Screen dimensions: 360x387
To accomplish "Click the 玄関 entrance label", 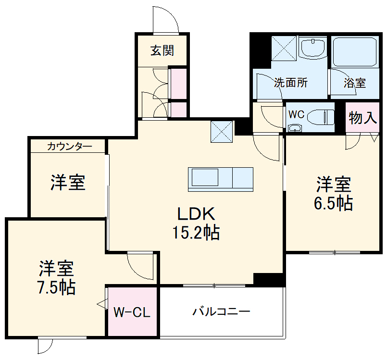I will coord(162,50).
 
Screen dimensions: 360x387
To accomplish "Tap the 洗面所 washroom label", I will coord(291,83).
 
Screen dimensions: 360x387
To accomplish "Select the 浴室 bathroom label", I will coord(354,83).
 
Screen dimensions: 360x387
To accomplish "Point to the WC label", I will coord(296,115).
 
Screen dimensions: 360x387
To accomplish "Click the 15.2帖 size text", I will coord(196,233).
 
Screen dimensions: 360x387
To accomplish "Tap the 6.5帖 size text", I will coord(333,204).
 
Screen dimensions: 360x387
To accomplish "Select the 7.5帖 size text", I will coord(56,287).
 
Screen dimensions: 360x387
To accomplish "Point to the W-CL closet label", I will coord(132,313).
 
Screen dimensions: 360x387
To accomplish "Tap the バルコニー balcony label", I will coord(222,312).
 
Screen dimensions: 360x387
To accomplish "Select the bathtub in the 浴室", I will coord(354,51).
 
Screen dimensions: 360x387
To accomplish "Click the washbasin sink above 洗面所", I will coord(313,48).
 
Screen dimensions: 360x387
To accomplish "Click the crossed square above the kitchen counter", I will coord(222,132).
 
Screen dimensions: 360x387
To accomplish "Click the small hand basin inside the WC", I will coord(294,128).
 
